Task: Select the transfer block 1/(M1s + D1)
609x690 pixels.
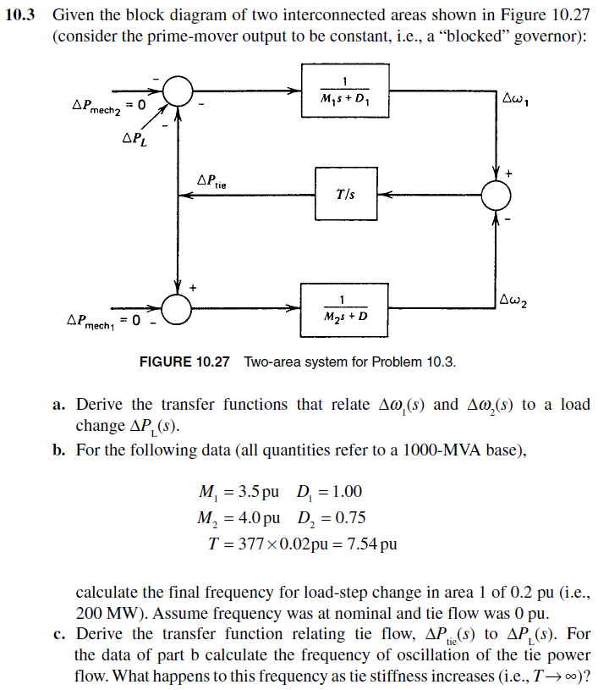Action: click(344, 91)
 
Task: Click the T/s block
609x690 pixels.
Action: click(345, 194)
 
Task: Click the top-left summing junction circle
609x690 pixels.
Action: click(178, 89)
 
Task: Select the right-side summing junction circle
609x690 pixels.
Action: click(497, 194)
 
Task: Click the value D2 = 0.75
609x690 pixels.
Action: click(332, 517)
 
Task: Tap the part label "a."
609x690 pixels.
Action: click(59, 405)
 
